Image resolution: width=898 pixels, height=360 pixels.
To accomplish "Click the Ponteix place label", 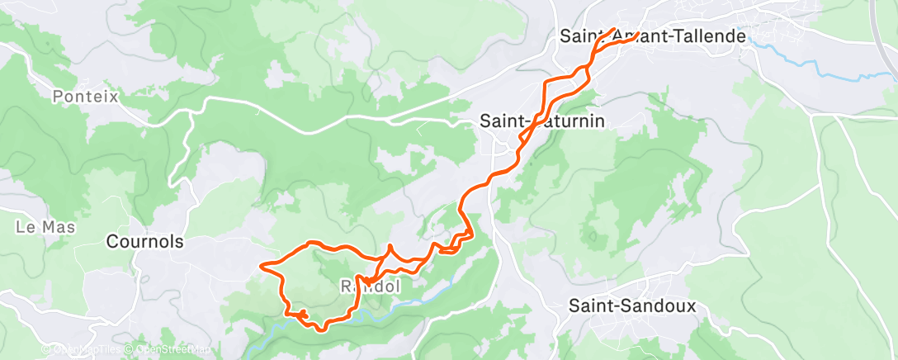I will (x=86, y=97).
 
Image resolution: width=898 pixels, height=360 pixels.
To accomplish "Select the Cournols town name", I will (x=144, y=242).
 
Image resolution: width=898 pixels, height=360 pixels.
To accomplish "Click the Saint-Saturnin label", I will (x=542, y=121).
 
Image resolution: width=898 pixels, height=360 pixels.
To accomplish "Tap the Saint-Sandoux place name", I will (x=632, y=306).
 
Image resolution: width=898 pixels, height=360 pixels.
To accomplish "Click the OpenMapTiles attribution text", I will (x=88, y=349).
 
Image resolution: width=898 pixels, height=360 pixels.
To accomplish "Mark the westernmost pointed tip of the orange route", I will (x=262, y=265).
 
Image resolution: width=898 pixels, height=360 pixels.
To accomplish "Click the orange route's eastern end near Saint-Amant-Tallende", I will (x=638, y=35).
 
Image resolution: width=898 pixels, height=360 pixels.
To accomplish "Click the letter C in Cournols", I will (x=112, y=242).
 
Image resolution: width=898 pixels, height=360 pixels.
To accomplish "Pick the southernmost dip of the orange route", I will (x=319, y=329).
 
